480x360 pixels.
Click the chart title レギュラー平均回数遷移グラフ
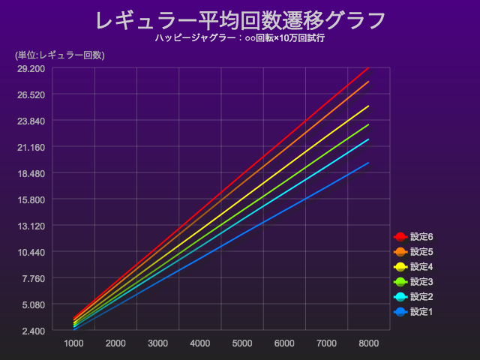[240, 19]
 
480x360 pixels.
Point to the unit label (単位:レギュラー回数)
[59, 55]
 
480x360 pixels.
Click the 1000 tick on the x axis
[73, 343]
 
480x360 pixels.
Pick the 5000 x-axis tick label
[242, 343]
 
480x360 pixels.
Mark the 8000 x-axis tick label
[368, 343]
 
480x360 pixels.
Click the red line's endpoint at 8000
[368, 68]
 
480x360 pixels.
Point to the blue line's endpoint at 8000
[368, 163]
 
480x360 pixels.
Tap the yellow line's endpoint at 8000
[368, 106]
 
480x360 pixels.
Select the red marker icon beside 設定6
[400, 237]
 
